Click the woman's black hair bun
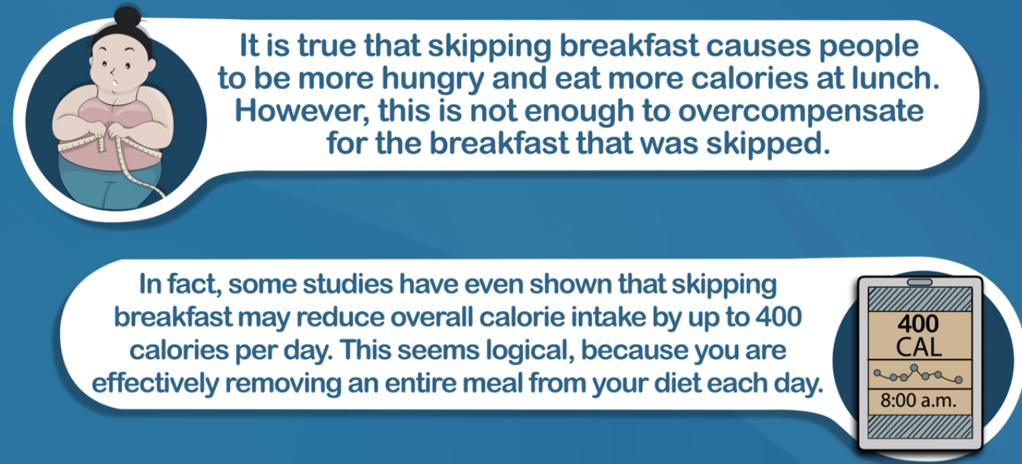coord(127,17)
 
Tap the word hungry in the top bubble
coord(432,79)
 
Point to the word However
coord(302,111)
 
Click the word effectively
coord(155,383)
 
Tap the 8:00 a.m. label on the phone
coord(919,401)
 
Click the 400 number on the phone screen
coord(919,324)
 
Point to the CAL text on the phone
coord(919,347)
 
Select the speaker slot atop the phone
coord(920,282)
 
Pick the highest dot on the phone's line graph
coord(914,367)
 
